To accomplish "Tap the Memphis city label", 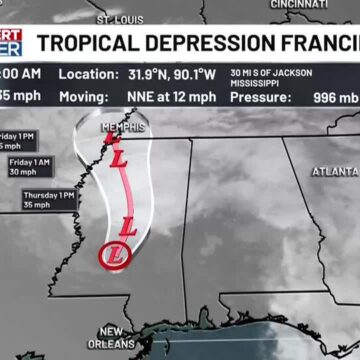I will click(x=123, y=128).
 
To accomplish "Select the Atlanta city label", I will click(x=335, y=171).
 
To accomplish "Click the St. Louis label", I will click(x=120, y=19).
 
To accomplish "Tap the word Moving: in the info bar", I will click(x=84, y=97).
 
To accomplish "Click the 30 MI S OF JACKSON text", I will click(x=270, y=72).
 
